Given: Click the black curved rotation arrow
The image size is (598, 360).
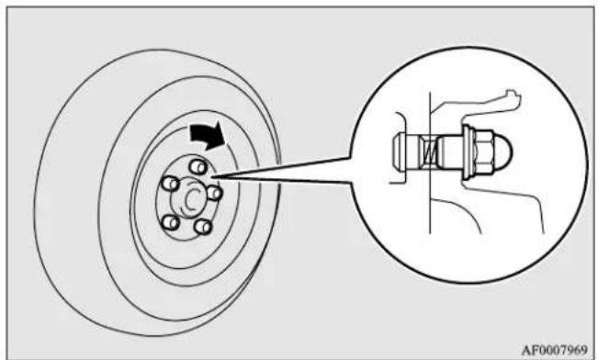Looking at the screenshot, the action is [x=207, y=136].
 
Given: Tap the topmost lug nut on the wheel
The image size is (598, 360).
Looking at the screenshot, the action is [x=197, y=166].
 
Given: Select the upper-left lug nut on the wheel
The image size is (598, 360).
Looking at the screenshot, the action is [x=171, y=184].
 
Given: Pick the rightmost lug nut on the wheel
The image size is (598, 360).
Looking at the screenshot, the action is [x=215, y=193].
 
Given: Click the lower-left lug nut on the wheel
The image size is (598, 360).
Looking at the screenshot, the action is [x=171, y=221].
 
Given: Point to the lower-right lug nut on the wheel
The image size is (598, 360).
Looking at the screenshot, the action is [x=202, y=227].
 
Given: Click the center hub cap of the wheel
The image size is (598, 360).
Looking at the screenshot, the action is [x=190, y=197].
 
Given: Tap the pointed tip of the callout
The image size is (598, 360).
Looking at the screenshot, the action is [x=212, y=176].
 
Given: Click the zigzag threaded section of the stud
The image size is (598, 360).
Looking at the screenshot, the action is [x=429, y=153].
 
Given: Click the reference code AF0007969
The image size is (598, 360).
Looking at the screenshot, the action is [x=555, y=351].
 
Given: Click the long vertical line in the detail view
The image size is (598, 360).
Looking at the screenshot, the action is [x=430, y=163].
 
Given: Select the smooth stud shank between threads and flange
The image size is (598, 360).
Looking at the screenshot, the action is [x=450, y=152].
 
